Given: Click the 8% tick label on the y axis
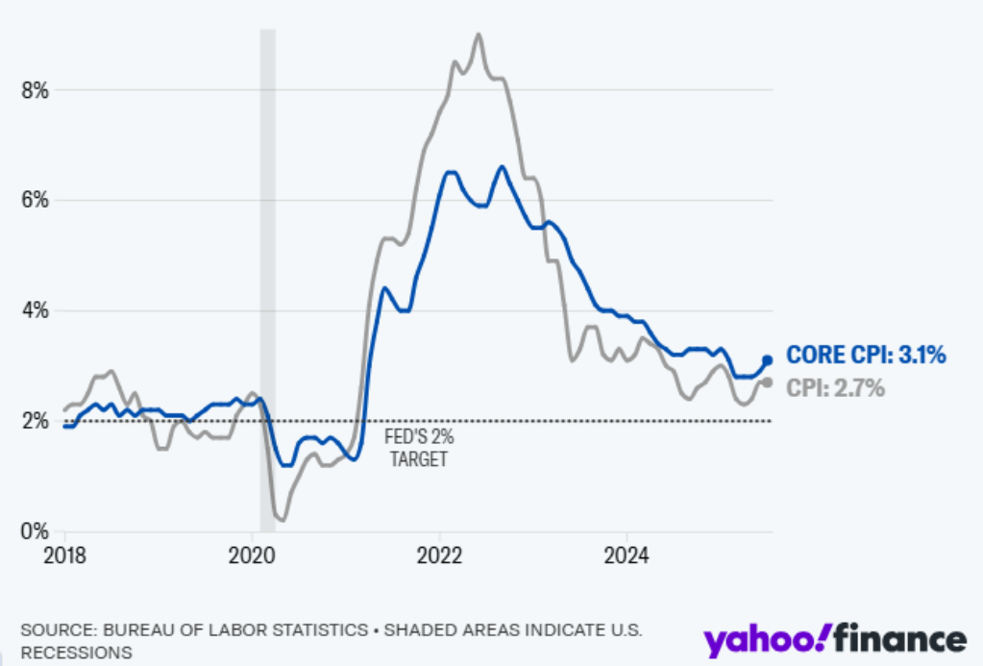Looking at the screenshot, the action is tap(35, 90).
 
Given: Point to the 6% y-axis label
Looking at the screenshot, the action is tap(35, 200).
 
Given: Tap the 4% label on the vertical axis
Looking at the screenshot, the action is tap(35, 310).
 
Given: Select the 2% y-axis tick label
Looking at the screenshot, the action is tap(35, 421).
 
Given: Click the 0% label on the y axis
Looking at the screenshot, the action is tap(35, 531).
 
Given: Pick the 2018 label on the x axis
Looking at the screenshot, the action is tap(65, 555).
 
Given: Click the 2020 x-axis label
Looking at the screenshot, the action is tap(252, 555).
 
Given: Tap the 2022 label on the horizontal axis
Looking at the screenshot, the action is tap(439, 555).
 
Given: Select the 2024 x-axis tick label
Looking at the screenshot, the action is tap(627, 555).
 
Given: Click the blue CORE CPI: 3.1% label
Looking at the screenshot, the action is tap(866, 355).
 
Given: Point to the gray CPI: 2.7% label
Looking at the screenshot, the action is tap(835, 388).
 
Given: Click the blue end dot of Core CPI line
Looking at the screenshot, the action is tap(768, 360).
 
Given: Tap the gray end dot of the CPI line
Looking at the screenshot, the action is tap(768, 382).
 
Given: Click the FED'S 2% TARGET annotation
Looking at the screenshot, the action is tap(419, 448).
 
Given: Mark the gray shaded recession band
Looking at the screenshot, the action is tap(268, 280).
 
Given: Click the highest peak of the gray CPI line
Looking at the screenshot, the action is tap(479, 34).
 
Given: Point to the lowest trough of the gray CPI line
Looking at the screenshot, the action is tap(283, 520).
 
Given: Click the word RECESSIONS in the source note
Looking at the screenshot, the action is tap(77, 653).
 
